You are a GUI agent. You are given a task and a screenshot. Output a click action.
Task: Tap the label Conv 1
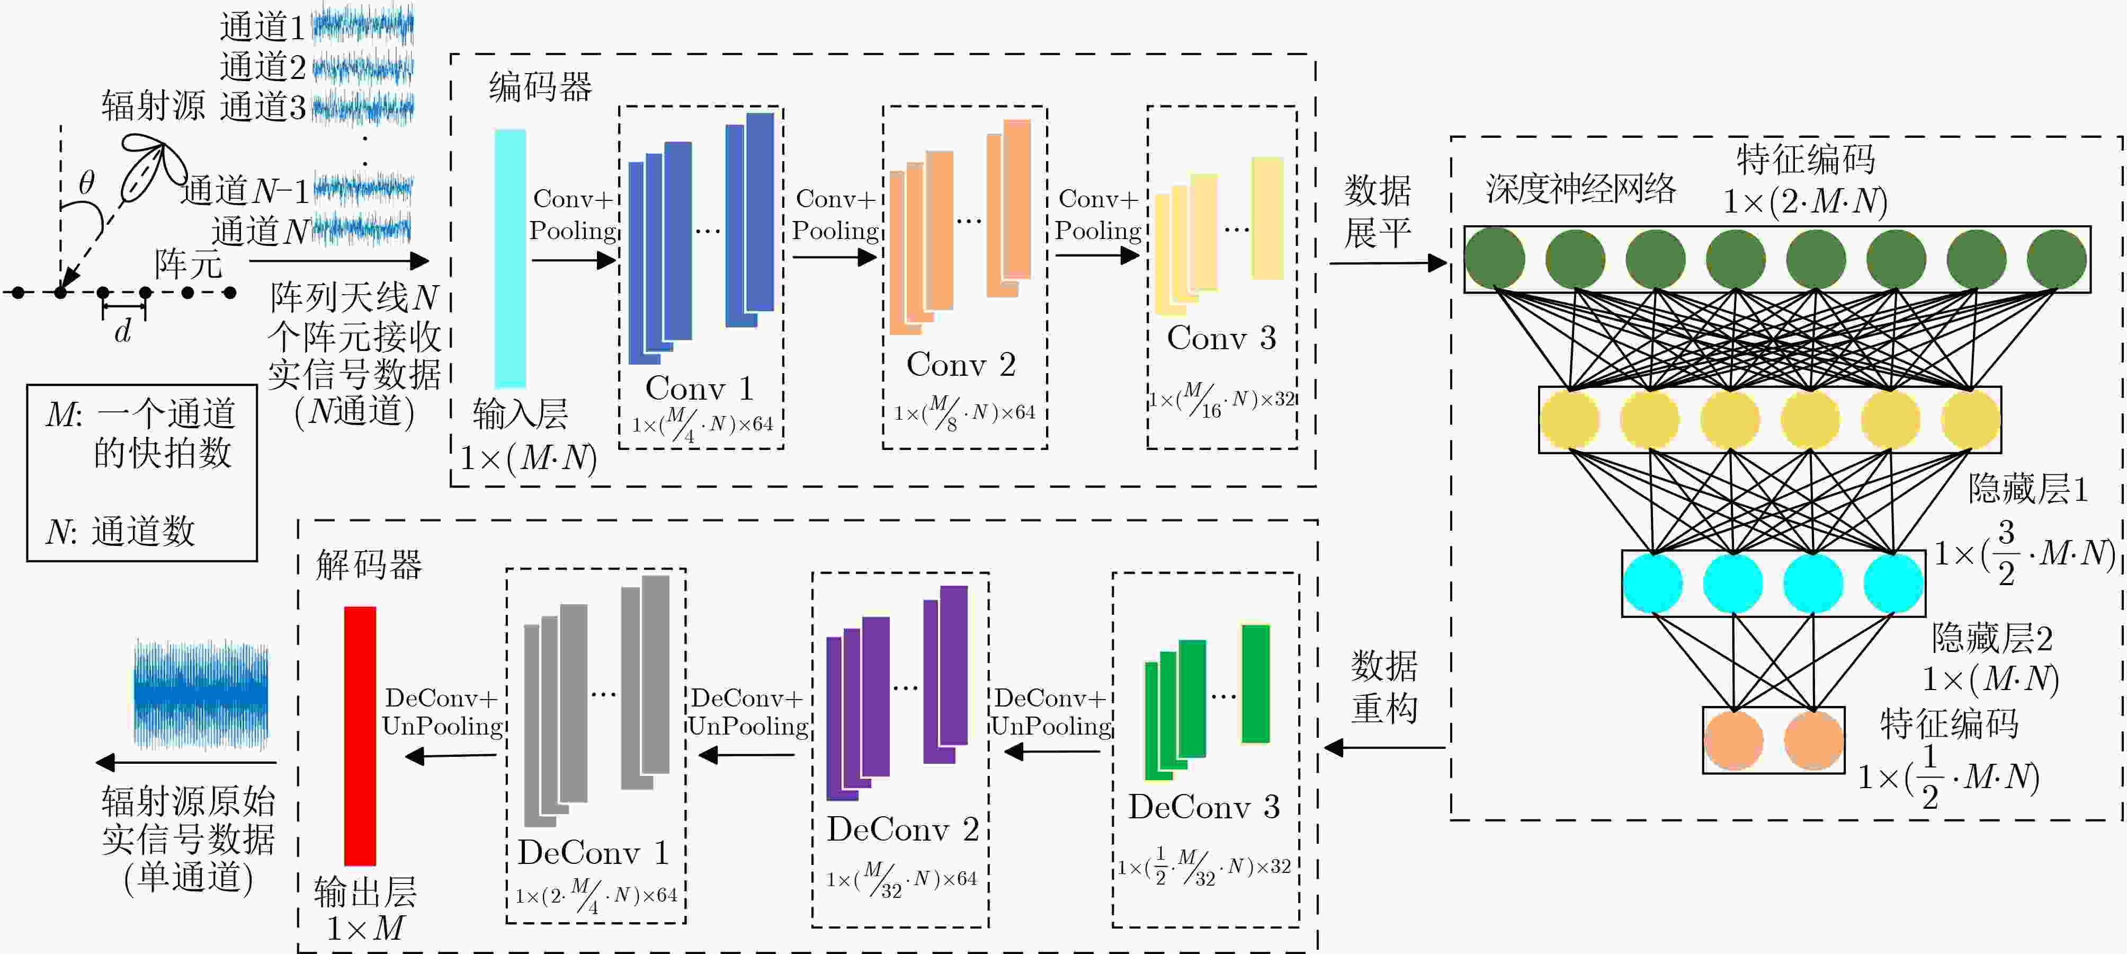point(699,387)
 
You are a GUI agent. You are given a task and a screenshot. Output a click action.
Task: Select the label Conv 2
point(961,364)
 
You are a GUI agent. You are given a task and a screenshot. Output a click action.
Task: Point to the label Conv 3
point(1222,338)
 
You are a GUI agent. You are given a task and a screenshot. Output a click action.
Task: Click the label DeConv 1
point(593,852)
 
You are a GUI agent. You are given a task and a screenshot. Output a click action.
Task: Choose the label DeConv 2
point(902,829)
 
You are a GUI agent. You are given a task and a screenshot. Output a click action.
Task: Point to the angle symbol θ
point(87,182)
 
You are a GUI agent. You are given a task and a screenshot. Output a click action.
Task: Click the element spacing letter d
point(123,330)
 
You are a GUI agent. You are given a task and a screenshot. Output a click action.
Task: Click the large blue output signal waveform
point(201,693)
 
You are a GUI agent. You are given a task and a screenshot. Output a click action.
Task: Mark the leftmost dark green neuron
point(1495,259)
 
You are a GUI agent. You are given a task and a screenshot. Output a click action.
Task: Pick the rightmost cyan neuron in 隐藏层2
point(1894,583)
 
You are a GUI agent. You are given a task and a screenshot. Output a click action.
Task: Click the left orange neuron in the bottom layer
point(1734,740)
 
